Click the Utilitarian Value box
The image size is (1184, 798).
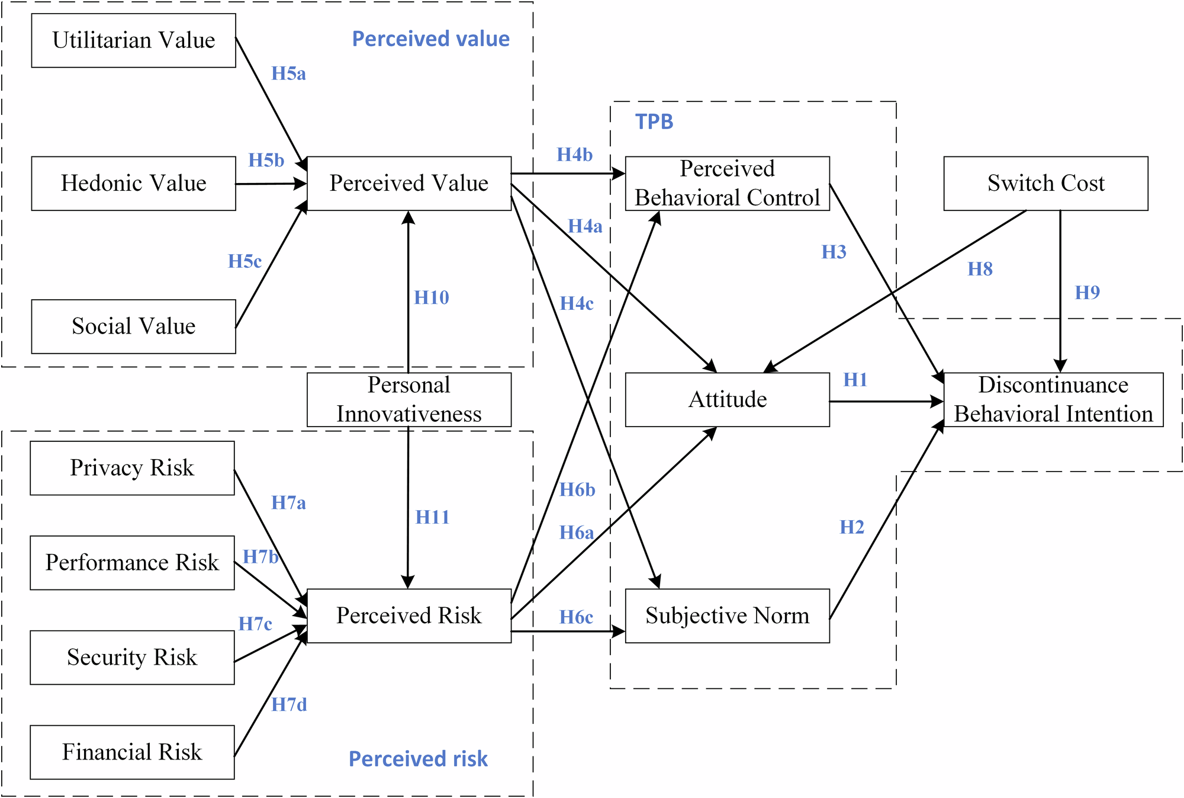133,40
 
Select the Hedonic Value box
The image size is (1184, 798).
133,183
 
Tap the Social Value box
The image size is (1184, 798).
133,326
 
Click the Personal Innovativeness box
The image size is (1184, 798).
408,399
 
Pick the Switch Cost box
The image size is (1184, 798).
1045,183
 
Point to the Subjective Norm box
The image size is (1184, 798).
727,616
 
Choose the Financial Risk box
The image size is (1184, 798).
132,752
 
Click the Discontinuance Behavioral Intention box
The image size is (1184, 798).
1053,399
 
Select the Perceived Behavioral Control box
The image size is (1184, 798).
727,183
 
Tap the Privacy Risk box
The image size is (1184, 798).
132,468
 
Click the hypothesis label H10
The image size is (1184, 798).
431,297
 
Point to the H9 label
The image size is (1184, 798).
1087,293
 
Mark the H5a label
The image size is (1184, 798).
288,74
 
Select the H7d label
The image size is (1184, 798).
289,705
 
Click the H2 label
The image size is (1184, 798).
852,527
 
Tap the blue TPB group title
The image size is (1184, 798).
654,122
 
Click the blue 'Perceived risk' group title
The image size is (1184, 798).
418,759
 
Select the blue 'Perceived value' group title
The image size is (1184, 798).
430,39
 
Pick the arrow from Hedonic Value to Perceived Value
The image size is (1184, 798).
271,184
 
